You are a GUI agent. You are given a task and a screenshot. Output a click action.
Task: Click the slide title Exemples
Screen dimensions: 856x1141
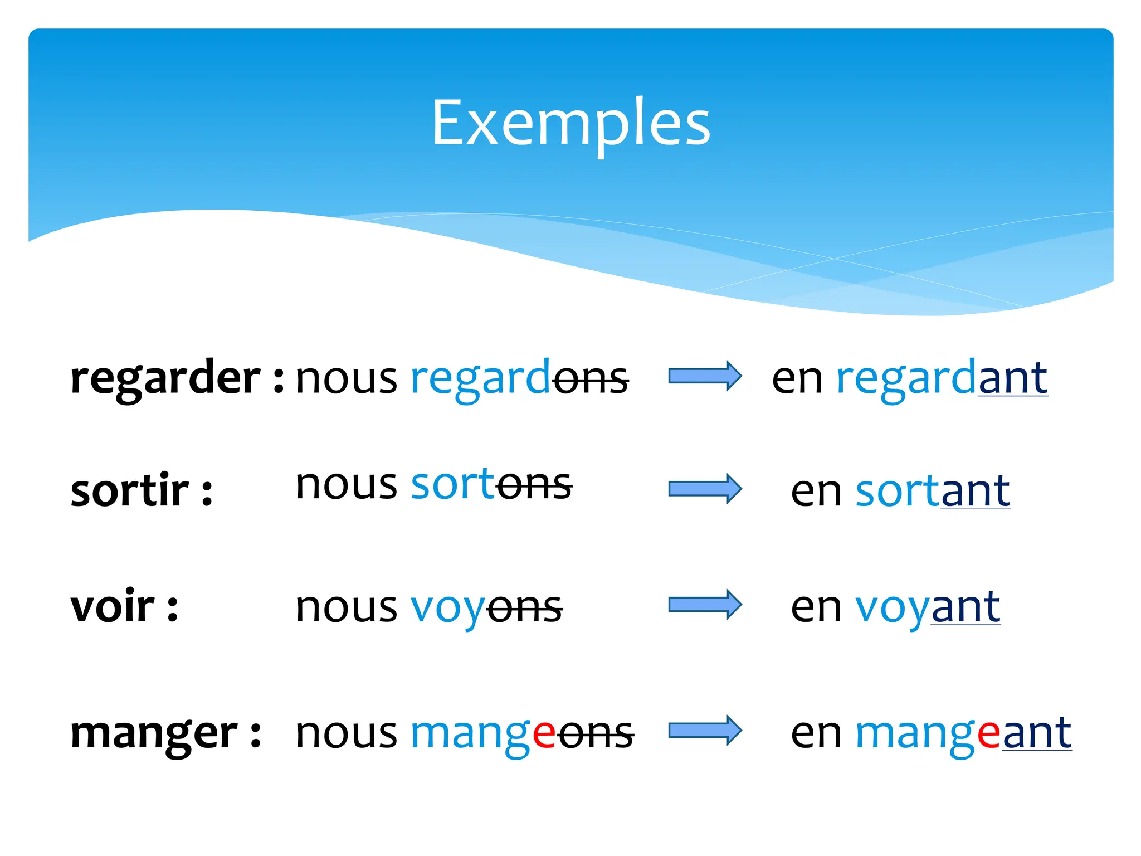click(x=570, y=123)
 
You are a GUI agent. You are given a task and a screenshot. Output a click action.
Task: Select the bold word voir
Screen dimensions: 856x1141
click(x=112, y=606)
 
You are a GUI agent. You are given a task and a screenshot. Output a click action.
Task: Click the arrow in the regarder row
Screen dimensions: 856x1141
click(x=705, y=376)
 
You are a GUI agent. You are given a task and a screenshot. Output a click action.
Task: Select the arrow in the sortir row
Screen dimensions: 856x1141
click(x=705, y=489)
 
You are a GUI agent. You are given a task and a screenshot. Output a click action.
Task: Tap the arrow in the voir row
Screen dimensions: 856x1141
click(x=705, y=605)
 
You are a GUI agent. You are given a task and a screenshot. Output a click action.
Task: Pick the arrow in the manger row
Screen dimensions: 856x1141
click(x=705, y=730)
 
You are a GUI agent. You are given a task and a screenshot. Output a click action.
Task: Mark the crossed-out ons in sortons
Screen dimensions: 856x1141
click(x=534, y=485)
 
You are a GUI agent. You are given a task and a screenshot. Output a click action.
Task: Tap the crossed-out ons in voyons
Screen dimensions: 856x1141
click(x=524, y=607)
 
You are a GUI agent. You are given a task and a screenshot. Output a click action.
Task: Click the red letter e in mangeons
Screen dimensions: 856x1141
click(x=544, y=735)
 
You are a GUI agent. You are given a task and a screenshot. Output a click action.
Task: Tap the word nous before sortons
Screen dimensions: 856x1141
click(x=347, y=485)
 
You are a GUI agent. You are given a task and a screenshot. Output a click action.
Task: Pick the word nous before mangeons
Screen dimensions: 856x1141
click(x=347, y=735)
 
